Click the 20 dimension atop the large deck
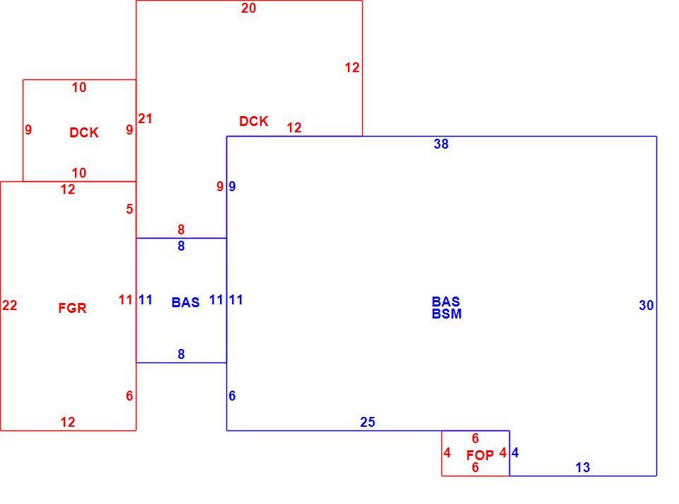coord(248,8)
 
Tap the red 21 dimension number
coord(145,118)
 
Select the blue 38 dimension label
coord(441,144)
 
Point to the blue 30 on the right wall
coord(646,306)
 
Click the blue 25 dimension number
coord(368,422)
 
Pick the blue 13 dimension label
coord(582,468)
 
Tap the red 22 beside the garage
coord(9,306)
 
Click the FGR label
coord(72,308)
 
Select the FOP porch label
coord(480,455)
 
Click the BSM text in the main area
coord(447,314)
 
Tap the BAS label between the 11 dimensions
coord(185,302)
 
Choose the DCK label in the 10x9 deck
coord(84,132)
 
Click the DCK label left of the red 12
coord(254,121)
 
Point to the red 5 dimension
coord(129,210)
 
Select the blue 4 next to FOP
coord(515,453)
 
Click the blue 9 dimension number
coord(232,186)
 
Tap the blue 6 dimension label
coord(232,396)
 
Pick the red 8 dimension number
coord(181,229)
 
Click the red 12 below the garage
coord(68,422)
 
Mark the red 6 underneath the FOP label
coord(475,468)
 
